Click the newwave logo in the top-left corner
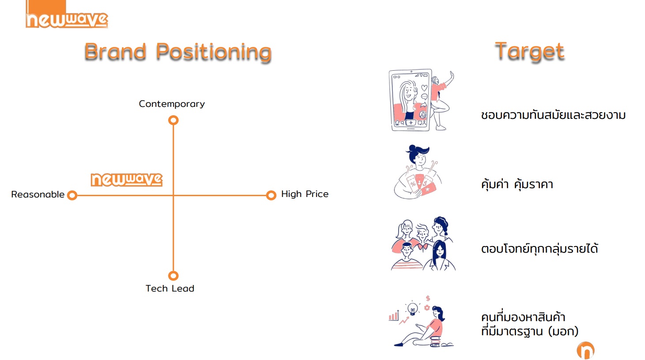pos(67,15)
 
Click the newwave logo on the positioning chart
pos(127,180)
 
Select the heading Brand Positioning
pos(178,52)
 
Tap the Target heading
pos(529,52)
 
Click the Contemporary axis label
pos(172,104)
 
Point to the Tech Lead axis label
pos(170,288)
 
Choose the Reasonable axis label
pos(38,194)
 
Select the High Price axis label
pos(305,194)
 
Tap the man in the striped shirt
pos(407,256)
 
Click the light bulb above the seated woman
pos(413,309)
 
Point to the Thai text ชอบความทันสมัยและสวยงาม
pos(553,115)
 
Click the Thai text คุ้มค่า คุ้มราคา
pos(517,184)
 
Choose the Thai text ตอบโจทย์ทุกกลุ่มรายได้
pos(539,248)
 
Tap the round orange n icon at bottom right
pos(586,350)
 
